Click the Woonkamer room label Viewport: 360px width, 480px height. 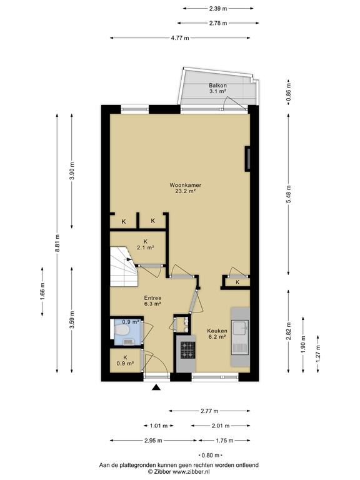click(x=185, y=185)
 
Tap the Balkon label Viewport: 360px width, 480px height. click(x=217, y=86)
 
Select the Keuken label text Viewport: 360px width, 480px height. click(x=217, y=331)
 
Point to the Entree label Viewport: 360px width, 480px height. click(x=152, y=298)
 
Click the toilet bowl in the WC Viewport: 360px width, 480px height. click(x=121, y=330)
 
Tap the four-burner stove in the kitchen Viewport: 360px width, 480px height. click(x=187, y=350)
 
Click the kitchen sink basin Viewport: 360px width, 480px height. click(x=241, y=329)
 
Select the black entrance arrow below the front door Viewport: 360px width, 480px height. click(x=156, y=387)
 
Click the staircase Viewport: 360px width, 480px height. click(x=123, y=266)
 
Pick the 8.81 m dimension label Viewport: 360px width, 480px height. click(x=57, y=243)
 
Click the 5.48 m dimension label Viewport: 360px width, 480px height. click(x=289, y=195)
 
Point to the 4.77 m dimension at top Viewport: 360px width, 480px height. click(x=180, y=38)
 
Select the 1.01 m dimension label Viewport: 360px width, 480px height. click(x=159, y=426)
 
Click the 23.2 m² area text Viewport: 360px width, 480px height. click(x=186, y=191)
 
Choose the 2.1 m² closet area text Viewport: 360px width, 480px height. click(x=145, y=247)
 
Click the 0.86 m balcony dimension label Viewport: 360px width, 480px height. click(x=289, y=92)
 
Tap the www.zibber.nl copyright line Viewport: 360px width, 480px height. click(x=179, y=472)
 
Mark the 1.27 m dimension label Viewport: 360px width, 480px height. click(x=318, y=354)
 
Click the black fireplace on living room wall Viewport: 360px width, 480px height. click(x=247, y=159)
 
